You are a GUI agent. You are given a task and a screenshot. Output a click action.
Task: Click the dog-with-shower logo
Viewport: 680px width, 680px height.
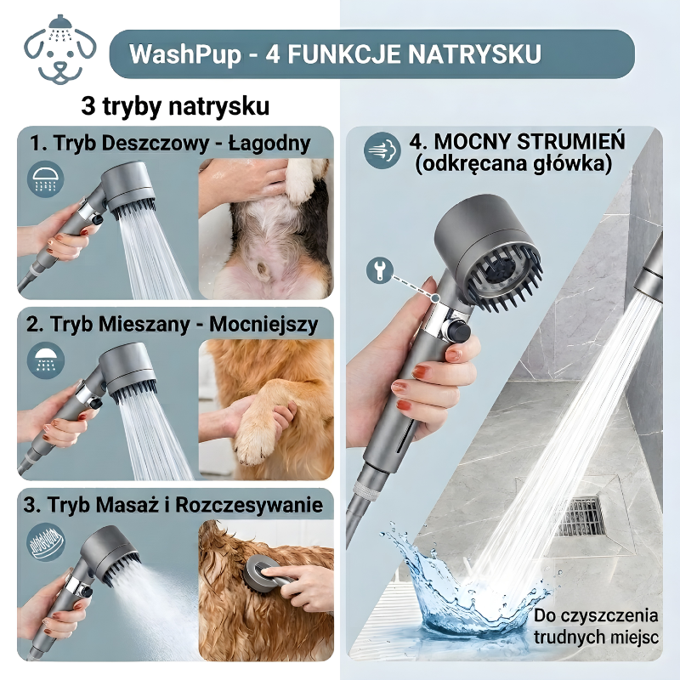tap(59, 50)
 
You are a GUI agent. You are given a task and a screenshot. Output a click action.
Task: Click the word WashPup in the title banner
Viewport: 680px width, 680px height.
tap(185, 54)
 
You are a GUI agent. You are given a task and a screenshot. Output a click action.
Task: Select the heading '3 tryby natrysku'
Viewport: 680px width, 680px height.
tap(175, 105)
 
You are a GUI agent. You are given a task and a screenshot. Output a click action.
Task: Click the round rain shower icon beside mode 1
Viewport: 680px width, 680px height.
tap(46, 178)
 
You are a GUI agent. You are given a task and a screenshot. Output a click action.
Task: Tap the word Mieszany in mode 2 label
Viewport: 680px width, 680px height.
tap(144, 325)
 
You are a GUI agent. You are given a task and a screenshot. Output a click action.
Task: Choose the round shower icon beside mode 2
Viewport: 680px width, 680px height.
tap(46, 360)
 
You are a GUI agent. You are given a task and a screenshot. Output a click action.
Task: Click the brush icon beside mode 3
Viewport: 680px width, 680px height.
tap(46, 543)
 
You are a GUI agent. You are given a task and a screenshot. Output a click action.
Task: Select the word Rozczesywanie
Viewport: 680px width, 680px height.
tap(249, 505)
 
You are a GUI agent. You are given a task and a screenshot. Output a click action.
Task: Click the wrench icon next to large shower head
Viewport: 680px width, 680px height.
tap(379, 269)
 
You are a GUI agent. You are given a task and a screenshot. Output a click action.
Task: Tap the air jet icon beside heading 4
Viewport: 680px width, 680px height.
tap(382, 150)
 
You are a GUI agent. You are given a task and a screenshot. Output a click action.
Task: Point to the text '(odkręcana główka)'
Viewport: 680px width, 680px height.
tap(513, 163)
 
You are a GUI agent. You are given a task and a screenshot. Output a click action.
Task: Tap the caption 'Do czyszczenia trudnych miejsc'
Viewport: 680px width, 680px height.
tap(596, 626)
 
